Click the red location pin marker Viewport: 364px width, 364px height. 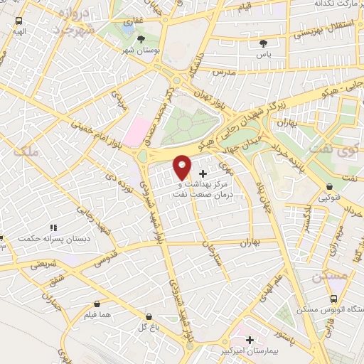click(182, 166)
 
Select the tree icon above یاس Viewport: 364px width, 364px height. click(263, 43)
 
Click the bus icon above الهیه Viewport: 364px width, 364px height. click(18, 21)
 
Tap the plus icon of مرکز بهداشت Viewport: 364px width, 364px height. click(203, 173)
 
